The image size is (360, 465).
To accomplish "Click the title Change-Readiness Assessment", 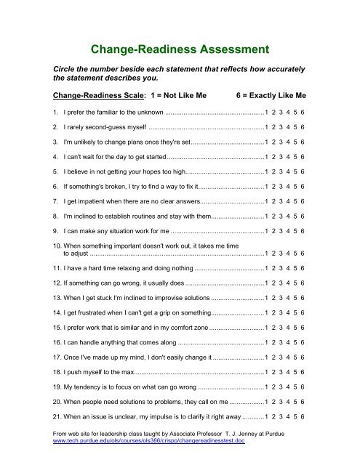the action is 180,50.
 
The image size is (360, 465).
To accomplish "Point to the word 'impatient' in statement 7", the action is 81,197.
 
